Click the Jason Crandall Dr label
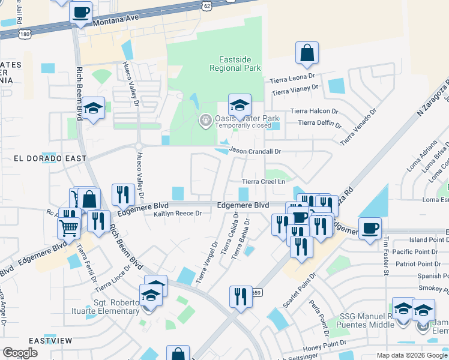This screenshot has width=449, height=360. tap(256, 152)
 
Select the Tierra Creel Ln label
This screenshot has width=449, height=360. tap(262, 182)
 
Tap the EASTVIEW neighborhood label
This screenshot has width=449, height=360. tap(50, 341)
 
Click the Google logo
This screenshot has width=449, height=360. tap(20, 352)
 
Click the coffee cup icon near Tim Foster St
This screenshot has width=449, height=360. tap(370, 228)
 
